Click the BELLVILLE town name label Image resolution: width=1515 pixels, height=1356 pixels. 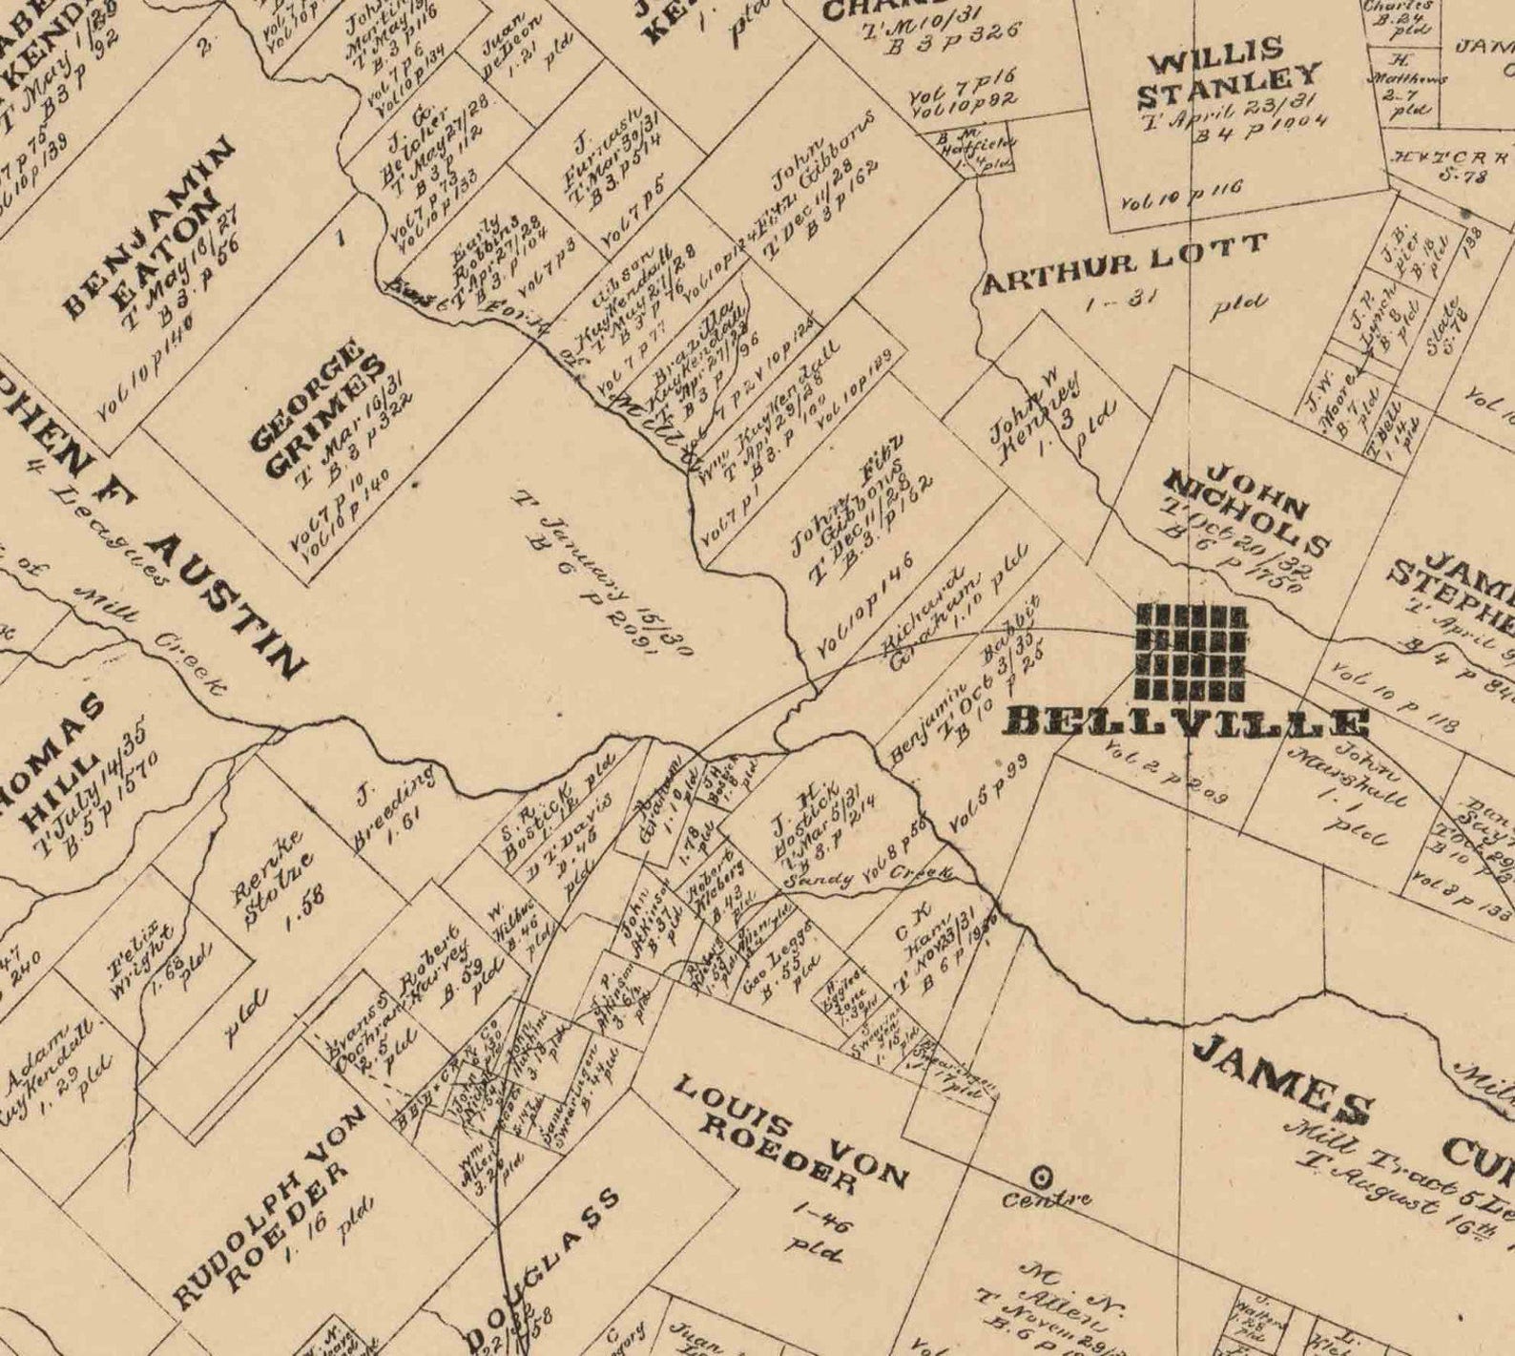pyautogui.click(x=1187, y=722)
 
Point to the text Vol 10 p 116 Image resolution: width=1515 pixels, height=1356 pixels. pyautogui.click(x=1181, y=194)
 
